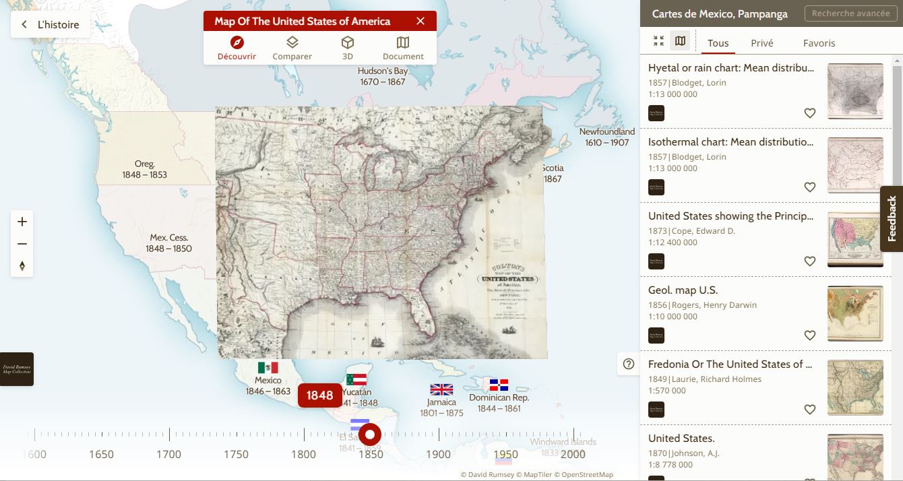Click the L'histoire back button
click(x=51, y=25)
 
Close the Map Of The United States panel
click(x=421, y=22)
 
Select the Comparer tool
click(x=292, y=49)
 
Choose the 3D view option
click(x=347, y=49)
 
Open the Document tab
click(x=403, y=49)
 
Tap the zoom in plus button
click(x=22, y=222)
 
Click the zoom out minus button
click(x=22, y=244)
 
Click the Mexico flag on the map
click(x=268, y=368)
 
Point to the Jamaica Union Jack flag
click(x=441, y=389)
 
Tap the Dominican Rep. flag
click(x=499, y=385)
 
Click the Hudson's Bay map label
click(x=383, y=76)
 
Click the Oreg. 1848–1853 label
click(x=144, y=169)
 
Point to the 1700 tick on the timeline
click(x=168, y=454)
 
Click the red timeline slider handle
click(x=370, y=435)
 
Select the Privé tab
click(x=762, y=43)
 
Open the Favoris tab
click(x=819, y=43)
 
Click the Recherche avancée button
click(x=850, y=13)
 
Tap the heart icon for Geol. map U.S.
click(x=810, y=335)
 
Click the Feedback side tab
click(x=892, y=219)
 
